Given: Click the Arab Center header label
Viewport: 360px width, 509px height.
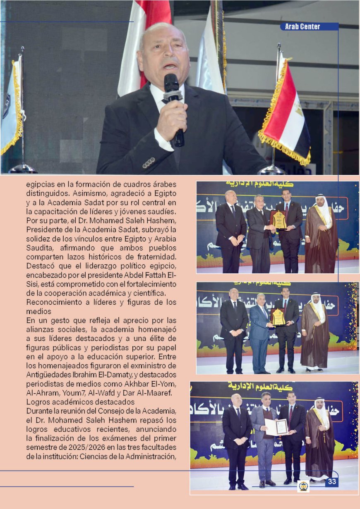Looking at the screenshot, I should [302, 27].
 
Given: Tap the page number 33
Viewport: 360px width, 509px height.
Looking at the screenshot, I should [332, 482].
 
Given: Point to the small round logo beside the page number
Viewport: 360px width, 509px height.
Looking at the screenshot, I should [303, 486].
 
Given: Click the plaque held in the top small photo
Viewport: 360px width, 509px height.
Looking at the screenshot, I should [278, 220].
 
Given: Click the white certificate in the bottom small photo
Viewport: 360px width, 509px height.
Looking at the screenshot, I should [276, 427].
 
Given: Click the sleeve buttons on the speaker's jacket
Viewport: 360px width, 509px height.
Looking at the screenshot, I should [149, 162].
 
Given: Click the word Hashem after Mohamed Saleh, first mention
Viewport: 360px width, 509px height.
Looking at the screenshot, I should [164, 220].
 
